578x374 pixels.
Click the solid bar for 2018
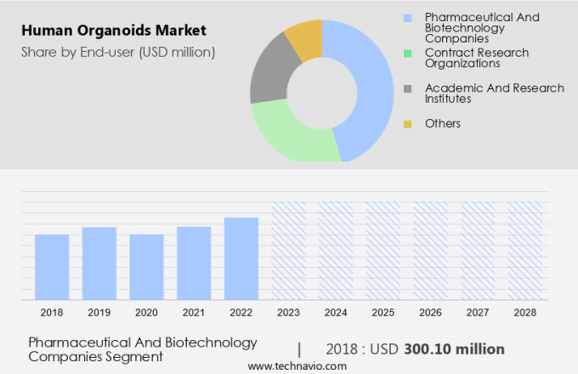point(52,267)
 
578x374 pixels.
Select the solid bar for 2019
point(99,263)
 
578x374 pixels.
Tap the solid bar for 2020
point(146,267)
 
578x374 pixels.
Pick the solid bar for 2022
point(241,258)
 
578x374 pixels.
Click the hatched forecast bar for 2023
point(288,251)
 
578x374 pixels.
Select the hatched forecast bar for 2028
point(524,251)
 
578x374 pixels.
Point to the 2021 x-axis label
point(194,313)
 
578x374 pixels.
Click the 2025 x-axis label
point(382,313)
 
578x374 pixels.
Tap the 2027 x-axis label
point(478,313)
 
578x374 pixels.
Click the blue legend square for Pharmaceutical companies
point(408,17)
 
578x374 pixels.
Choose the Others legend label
point(442,123)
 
